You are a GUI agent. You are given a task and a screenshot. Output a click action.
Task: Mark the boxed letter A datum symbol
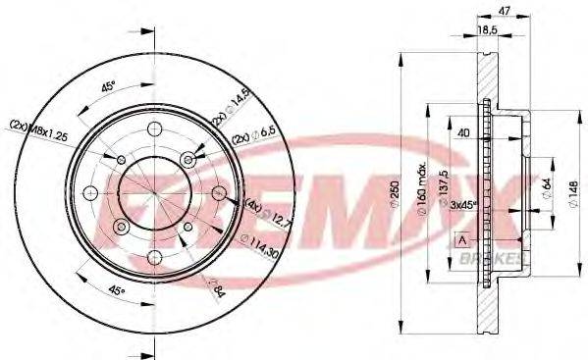(462, 239)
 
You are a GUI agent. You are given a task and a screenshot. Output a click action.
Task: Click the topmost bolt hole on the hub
(153, 129)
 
